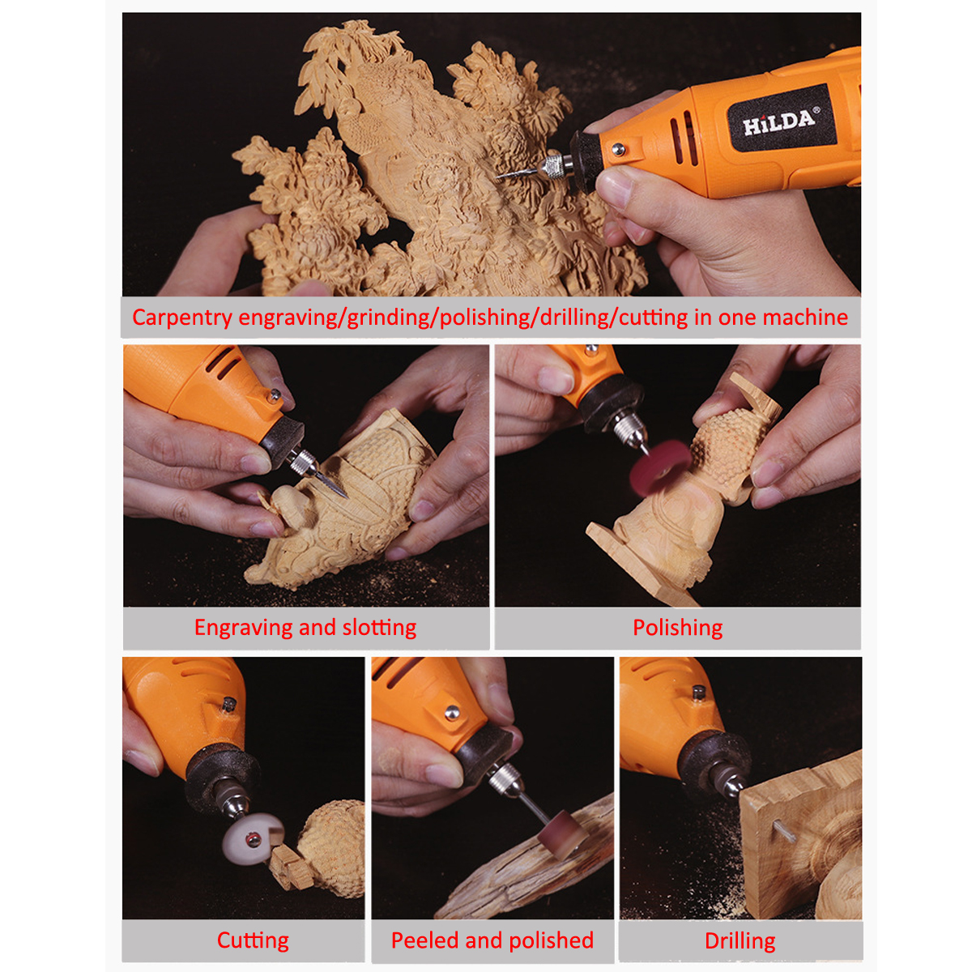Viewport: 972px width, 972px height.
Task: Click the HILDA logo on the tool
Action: pos(778,121)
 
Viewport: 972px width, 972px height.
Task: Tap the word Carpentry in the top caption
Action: pos(181,318)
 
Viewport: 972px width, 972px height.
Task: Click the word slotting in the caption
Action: pos(379,628)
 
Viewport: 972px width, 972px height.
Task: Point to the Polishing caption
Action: pos(677,629)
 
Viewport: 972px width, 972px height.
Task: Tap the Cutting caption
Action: pos(253,941)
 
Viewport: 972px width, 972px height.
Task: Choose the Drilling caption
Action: pos(740,942)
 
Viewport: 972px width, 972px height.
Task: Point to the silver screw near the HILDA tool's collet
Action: pos(618,149)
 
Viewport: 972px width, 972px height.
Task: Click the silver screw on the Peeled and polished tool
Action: pos(451,712)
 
